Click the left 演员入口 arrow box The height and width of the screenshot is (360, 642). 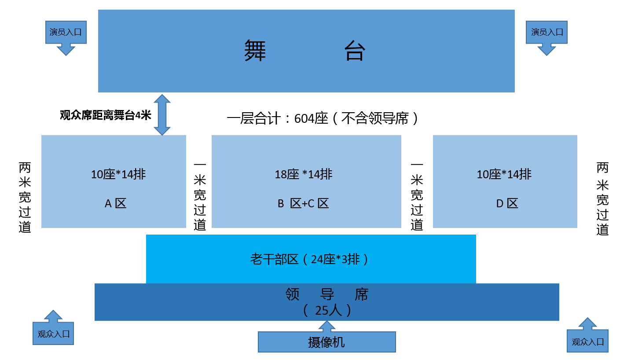tap(66, 33)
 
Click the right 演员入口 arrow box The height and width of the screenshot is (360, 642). tap(547, 33)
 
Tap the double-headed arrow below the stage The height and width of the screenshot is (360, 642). tap(162, 114)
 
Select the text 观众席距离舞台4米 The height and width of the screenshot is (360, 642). tap(105, 115)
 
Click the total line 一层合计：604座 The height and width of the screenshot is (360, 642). tap(322, 118)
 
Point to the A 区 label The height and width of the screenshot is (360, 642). tap(116, 203)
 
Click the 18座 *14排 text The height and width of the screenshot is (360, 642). tap(304, 174)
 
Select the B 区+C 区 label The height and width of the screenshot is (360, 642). tap(303, 203)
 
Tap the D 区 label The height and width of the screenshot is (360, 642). tap(507, 203)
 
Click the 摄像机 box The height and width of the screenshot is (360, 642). tap(327, 342)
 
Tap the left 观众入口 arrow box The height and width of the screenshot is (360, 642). tap(53, 334)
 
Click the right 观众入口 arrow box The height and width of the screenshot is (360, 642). tap(587, 342)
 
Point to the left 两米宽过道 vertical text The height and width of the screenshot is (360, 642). tap(25, 197)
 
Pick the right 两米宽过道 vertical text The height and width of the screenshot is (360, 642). tap(602, 198)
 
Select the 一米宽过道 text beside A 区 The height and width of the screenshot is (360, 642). tap(200, 196)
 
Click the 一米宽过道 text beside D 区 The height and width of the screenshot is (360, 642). tap(417, 196)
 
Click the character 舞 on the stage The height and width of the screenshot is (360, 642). tap(255, 51)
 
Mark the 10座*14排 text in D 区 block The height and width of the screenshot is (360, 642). tap(504, 174)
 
